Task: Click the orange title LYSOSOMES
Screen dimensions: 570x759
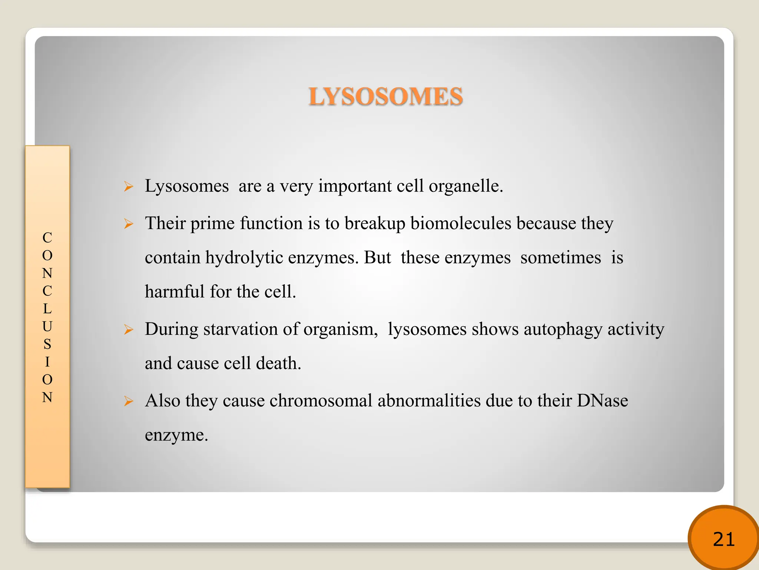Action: point(386,96)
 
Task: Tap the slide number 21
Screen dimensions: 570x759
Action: point(723,539)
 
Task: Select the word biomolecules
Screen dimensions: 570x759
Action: point(461,223)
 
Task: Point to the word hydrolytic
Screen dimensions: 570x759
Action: point(244,258)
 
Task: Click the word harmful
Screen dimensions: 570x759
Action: point(175,292)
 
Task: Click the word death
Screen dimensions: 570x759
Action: point(278,363)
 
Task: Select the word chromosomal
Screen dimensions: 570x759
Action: point(321,401)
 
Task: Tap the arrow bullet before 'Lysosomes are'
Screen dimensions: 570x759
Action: point(129,186)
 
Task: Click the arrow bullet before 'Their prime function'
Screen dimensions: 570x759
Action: point(129,224)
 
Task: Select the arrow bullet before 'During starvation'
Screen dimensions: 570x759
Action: point(129,330)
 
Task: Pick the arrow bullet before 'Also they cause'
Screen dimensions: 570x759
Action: point(129,401)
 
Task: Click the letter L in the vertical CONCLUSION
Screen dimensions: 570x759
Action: point(47,309)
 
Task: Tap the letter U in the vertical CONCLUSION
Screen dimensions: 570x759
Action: point(47,327)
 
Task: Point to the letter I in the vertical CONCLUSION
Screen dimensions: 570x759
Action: point(47,362)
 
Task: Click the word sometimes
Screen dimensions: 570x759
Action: point(560,258)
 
